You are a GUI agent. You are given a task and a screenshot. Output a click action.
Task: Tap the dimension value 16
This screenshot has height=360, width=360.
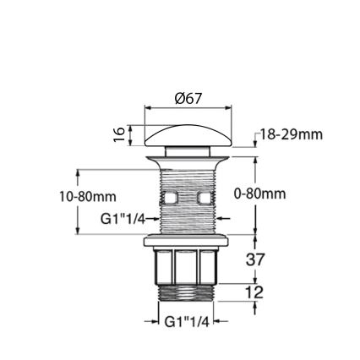coord(120,134)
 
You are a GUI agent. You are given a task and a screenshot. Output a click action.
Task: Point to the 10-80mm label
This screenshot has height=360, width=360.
coord(87,197)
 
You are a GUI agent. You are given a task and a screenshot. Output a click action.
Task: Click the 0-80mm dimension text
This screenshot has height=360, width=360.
coord(259,194)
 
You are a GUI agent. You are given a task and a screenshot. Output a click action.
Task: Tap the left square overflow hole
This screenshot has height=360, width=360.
coord(169,199)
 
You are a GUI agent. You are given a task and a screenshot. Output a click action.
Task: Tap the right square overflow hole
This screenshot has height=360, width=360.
coord(204,199)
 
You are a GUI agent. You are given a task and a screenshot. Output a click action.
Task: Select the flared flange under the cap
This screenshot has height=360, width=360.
coord(187,159)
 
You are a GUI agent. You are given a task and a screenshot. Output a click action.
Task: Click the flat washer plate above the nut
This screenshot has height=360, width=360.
coord(187,242)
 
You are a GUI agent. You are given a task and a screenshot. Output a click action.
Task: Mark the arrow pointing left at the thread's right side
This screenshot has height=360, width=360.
coord(222,219)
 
